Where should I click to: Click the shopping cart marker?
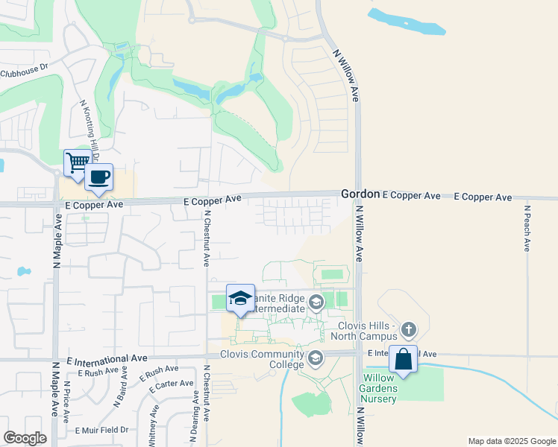pos(78,162)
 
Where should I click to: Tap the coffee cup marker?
pos(98,177)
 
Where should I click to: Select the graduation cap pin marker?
pos(240,299)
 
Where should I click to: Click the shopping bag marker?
pos(403,360)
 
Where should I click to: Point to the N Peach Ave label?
pos(527,229)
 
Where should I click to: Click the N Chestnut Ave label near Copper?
pos(207,238)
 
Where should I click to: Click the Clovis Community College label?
pos(263,359)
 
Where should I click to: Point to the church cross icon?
pos(408,329)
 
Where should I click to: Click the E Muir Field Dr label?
pos(101,430)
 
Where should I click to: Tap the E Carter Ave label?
pos(172,385)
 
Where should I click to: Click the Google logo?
pos(25,437)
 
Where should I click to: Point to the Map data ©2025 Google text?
pos(511,441)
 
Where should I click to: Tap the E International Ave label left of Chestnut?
pos(107,358)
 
